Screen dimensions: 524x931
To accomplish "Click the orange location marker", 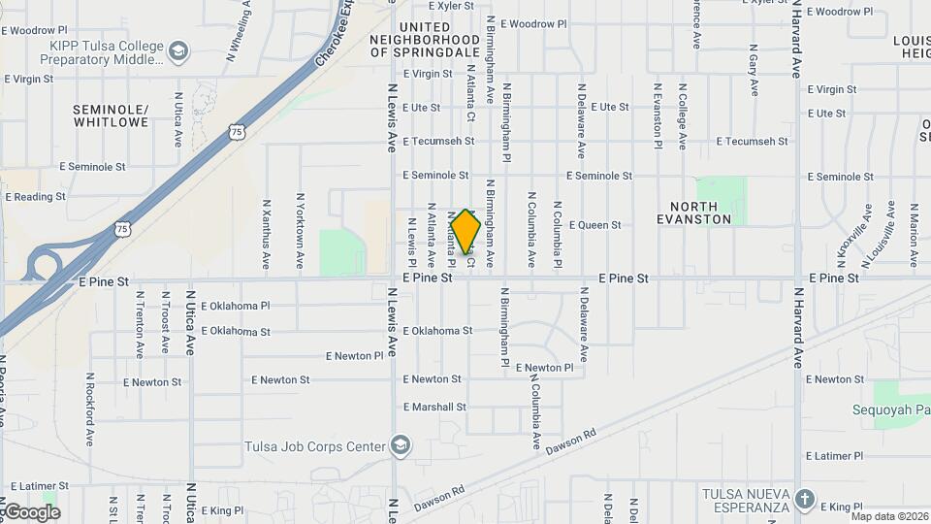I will tap(466, 231).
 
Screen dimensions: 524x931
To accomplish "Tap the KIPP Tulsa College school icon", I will tap(178, 49).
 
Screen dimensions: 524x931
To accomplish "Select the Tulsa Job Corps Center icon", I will tap(400, 445).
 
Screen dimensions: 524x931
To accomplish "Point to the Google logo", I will tap(31, 511).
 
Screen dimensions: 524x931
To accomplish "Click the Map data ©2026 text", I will tap(889, 516).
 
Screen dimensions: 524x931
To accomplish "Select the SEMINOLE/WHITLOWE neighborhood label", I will tap(111, 115).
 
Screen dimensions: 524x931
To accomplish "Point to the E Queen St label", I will tap(594, 225).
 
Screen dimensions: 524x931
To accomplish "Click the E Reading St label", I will tap(35, 196).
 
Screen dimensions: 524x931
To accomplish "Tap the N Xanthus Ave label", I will tap(266, 234).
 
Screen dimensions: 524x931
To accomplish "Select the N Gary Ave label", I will tap(754, 70).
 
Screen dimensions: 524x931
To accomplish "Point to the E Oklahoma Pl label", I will tap(229, 306).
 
